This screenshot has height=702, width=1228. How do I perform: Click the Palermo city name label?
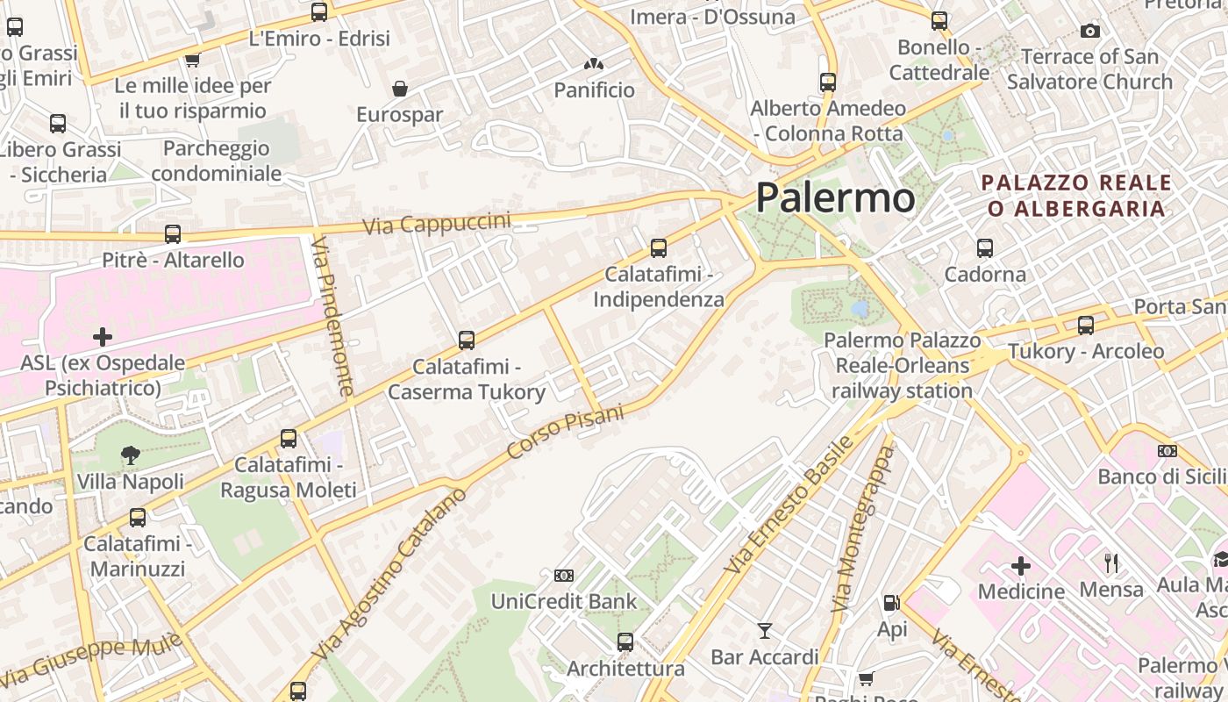pos(835,197)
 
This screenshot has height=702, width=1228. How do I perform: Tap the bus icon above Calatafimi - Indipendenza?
pos(659,248)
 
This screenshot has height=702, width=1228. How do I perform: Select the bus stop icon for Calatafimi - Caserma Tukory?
pos(467,340)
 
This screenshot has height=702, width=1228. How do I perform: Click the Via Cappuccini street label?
pos(437,222)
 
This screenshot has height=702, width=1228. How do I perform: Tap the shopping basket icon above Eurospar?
pos(400,89)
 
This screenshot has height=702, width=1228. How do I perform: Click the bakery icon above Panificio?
pos(594,64)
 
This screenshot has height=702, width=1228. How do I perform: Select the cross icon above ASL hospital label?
pos(103,336)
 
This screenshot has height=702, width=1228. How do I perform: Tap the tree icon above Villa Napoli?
pos(131,455)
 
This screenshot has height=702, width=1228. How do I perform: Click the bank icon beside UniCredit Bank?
pos(564,576)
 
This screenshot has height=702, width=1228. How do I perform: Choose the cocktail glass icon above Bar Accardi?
pos(765,630)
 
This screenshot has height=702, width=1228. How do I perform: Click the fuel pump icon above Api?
pos(891,603)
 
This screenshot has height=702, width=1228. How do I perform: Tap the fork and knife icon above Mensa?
pos(1110,562)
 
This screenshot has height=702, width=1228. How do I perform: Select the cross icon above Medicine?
pos(1021,565)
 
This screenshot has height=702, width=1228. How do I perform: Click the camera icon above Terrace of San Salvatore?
pos(1090,32)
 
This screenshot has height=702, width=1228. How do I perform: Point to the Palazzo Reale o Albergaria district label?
pos(1077,196)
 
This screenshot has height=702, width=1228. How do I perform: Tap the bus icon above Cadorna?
pos(985,248)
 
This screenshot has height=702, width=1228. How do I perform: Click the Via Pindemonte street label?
pos(334,316)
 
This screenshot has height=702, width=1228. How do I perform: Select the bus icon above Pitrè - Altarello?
pos(173,234)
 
